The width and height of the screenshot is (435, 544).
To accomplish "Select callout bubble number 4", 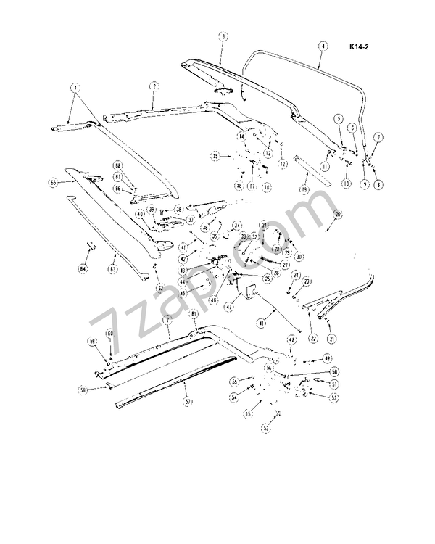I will (x=322, y=45).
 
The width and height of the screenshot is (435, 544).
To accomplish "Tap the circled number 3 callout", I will (x=223, y=36).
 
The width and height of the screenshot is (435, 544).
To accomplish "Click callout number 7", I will (x=378, y=136).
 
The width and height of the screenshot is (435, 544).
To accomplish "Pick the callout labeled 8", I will (x=378, y=185).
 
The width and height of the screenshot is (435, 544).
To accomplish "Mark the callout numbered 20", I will (x=337, y=215).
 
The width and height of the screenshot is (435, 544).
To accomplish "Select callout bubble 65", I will (x=52, y=183).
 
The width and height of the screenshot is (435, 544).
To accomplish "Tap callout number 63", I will (x=113, y=269).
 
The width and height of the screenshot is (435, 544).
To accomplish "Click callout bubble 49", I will (x=327, y=358).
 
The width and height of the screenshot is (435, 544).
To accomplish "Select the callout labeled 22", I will (x=313, y=339).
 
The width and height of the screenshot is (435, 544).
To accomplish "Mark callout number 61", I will (x=194, y=313).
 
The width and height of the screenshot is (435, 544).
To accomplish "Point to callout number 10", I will (x=347, y=185).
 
